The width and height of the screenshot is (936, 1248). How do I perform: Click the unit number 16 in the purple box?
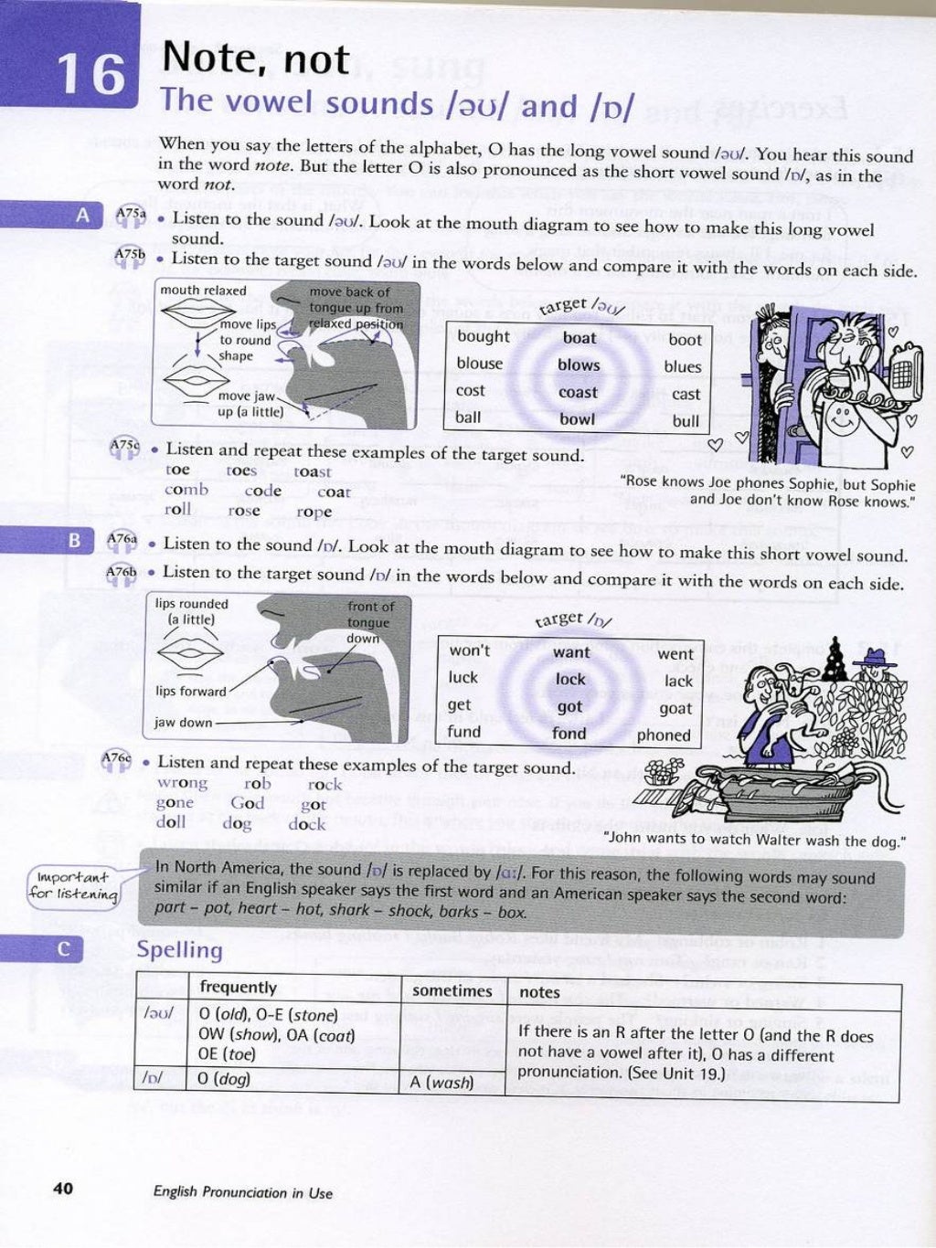tap(90, 74)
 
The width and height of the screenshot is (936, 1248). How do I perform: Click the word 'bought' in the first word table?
tap(483, 336)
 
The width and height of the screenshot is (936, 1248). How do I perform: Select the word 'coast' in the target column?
tap(578, 392)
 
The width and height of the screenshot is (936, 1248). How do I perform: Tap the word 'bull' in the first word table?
tap(686, 421)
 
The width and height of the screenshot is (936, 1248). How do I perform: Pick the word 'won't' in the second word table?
tap(469, 650)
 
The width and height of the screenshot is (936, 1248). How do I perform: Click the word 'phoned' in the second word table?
tap(664, 735)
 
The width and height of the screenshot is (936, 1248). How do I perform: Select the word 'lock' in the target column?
tap(570, 679)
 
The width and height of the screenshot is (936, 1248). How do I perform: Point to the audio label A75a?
tap(130, 214)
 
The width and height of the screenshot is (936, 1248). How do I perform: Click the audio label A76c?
tap(116, 758)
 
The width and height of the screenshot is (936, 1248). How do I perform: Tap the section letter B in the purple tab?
tap(75, 540)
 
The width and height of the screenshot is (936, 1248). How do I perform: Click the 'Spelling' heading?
tap(179, 950)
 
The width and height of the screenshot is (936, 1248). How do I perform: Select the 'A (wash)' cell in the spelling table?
tap(441, 1083)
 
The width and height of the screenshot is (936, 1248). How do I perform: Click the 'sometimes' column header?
tap(452, 990)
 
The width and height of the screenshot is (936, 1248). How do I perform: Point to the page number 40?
tap(63, 1188)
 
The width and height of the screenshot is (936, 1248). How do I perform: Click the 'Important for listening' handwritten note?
tap(73, 885)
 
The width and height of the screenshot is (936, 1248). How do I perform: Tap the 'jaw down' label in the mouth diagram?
tap(183, 723)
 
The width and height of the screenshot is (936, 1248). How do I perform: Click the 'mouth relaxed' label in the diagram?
tap(203, 291)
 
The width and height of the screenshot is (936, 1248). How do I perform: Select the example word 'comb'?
tap(186, 490)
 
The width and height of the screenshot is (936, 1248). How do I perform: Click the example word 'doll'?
tap(171, 821)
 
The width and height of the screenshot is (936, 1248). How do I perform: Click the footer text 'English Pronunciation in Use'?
tap(242, 1192)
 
